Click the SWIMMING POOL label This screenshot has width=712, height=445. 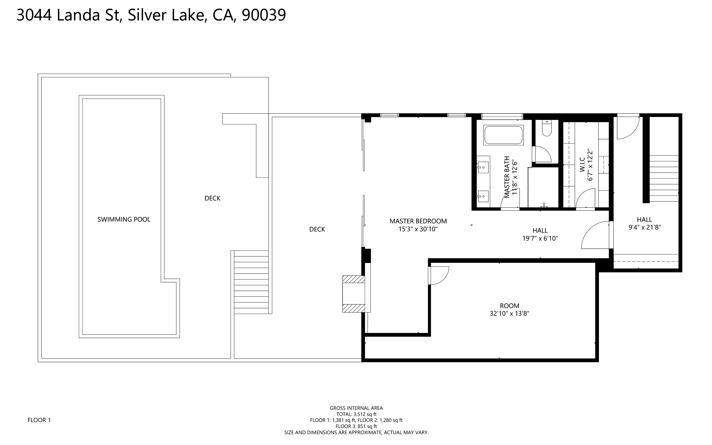[x=124, y=219]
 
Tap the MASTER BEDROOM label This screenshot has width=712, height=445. [x=418, y=221]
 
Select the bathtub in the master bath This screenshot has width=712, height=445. [x=504, y=135]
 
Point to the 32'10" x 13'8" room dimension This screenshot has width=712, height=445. [x=510, y=314]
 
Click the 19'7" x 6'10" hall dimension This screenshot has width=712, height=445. [x=540, y=238]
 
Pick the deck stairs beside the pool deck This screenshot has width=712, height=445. [x=251, y=282]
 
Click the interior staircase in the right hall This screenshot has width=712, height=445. [x=664, y=178]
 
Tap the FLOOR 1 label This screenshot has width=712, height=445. [x=39, y=420]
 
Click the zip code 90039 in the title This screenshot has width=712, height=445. [x=264, y=15]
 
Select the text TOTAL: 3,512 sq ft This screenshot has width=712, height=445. [x=356, y=414]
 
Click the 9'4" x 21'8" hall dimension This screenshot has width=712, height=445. [x=644, y=227]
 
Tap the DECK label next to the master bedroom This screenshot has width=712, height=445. [x=317, y=229]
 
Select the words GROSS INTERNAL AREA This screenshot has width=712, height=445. [x=356, y=408]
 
